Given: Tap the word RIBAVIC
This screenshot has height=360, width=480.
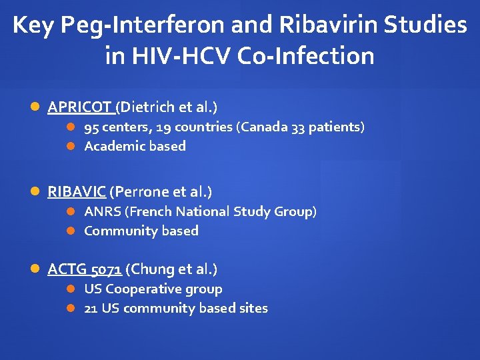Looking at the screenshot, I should coord(77,192).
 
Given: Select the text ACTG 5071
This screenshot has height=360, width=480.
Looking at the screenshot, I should coord(84,269).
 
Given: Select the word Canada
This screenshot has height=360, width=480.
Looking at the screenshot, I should coord(264,127).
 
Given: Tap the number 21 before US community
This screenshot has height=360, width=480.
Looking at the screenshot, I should coord(91,308).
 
